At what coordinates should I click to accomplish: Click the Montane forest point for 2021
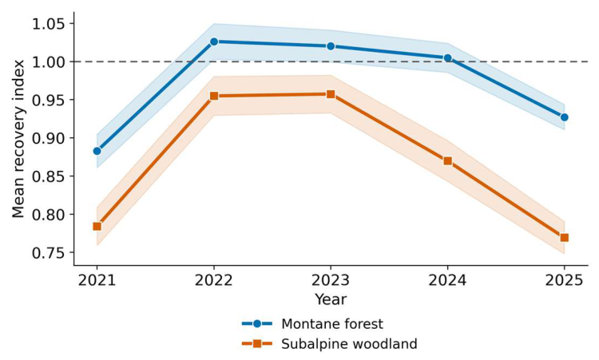click(97, 151)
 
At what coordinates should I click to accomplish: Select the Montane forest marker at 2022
click(214, 42)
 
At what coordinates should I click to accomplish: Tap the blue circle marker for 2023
click(331, 46)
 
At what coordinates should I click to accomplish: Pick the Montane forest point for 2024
click(448, 58)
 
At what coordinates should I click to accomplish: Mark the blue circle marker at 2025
click(564, 117)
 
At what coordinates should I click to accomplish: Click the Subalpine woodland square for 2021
click(97, 227)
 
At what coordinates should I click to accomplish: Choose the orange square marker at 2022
click(214, 96)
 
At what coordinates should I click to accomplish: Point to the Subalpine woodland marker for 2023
click(331, 94)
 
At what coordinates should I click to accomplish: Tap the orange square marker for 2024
click(448, 160)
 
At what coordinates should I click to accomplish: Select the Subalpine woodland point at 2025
click(564, 237)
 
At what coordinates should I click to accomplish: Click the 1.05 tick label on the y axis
click(48, 24)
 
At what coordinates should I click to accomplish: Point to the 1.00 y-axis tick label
click(48, 61)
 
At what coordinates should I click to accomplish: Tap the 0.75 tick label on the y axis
click(48, 253)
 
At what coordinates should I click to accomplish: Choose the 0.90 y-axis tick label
click(48, 138)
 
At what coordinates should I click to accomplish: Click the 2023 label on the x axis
click(331, 281)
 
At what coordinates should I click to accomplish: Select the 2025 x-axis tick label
click(564, 281)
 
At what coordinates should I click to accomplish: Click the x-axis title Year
click(331, 299)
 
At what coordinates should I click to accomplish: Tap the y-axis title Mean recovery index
click(18, 139)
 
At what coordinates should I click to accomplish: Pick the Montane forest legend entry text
click(332, 324)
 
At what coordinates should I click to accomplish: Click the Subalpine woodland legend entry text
click(349, 344)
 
